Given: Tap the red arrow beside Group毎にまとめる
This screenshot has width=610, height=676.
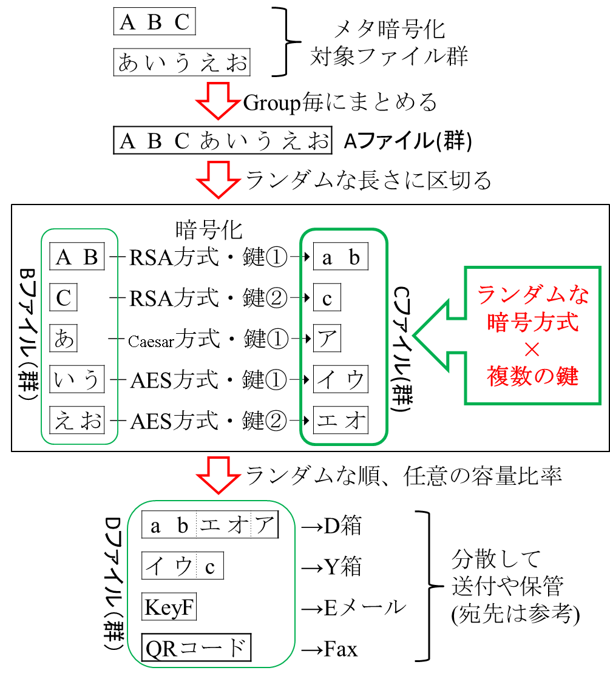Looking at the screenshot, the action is (218, 101).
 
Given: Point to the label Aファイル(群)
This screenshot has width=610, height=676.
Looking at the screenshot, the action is (408, 141).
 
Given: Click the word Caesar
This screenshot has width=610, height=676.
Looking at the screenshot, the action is (151, 342).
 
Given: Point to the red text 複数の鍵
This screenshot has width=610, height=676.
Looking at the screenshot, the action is (533, 376).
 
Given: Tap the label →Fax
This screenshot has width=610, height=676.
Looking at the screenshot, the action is (330, 649).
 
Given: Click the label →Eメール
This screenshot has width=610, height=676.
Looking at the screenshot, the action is (354, 608).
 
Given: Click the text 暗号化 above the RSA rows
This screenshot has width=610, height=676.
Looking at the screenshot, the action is (209, 230).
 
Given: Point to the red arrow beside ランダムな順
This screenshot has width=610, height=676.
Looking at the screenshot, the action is (218, 475).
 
